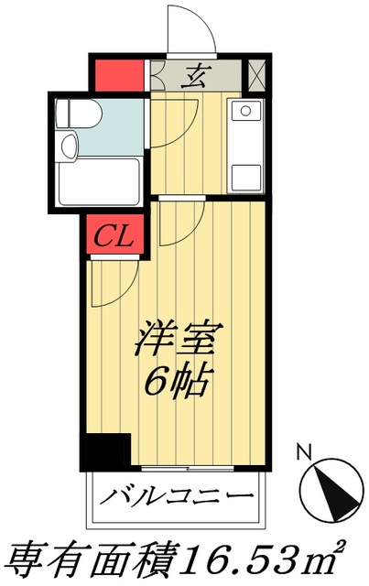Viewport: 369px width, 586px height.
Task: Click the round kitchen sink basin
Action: [x=245, y=114]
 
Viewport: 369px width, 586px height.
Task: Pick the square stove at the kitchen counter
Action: [x=246, y=173]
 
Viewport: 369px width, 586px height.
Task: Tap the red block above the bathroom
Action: [x=118, y=74]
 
